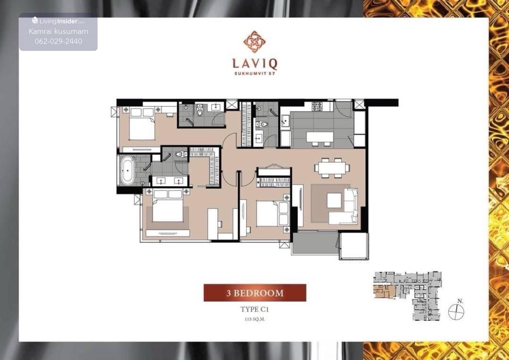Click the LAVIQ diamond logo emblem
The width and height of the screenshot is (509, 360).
pyautogui.click(x=255, y=42)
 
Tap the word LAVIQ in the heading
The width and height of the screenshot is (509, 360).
pyautogui.click(x=255, y=64)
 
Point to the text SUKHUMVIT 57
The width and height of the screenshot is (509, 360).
pyautogui.click(x=255, y=74)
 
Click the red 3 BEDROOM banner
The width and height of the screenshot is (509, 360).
pyautogui.click(x=255, y=293)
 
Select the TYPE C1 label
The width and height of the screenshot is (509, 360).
pyautogui.click(x=255, y=309)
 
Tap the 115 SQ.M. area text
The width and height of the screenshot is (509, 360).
pyautogui.click(x=255, y=319)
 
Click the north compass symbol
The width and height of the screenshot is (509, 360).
pyautogui.click(x=456, y=312)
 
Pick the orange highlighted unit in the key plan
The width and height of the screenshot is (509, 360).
pyautogui.click(x=384, y=292)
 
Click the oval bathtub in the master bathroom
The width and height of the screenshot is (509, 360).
pyautogui.click(x=128, y=170)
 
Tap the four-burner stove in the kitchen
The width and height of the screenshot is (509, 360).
pyautogui.click(x=317, y=107)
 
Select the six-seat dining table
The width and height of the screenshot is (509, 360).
pyautogui.click(x=332, y=168)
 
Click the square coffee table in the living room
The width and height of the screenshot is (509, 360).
pyautogui.click(x=334, y=200)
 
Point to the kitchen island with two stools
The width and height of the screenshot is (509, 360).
pyautogui.click(x=320, y=138)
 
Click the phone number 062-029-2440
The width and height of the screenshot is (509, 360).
pyautogui.click(x=59, y=41)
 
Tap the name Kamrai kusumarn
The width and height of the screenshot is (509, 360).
pyautogui.click(x=59, y=31)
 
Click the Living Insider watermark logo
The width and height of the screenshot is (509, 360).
pyautogui.click(x=59, y=21)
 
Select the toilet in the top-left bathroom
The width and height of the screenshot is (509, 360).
pyautogui.click(x=200, y=110)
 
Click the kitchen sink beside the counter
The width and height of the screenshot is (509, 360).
pyautogui.click(x=285, y=120)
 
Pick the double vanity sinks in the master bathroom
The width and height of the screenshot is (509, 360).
pyautogui.click(x=170, y=181)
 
